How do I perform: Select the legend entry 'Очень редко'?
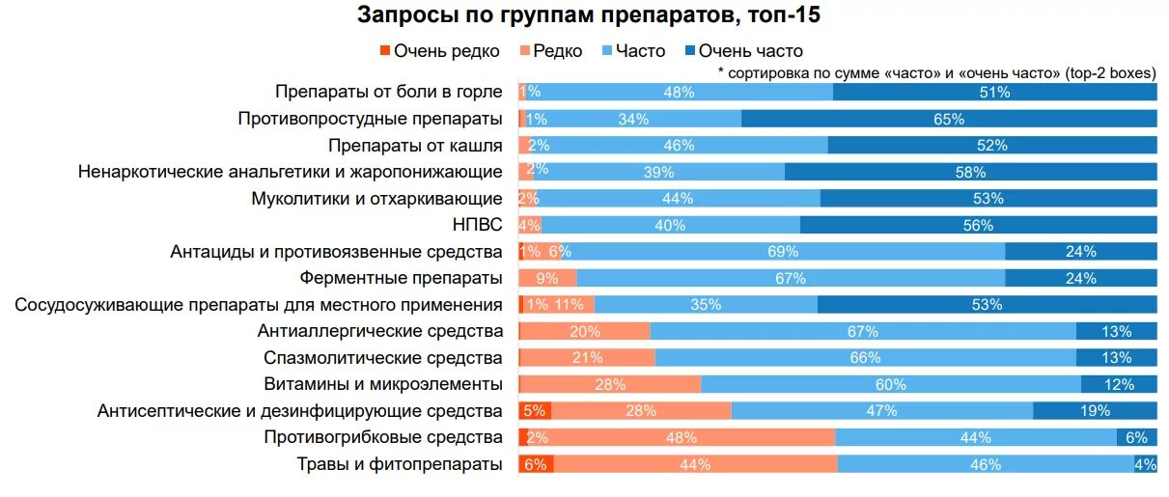[438, 51]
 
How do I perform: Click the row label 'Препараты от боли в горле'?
[388, 92]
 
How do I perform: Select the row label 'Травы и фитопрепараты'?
[400, 464]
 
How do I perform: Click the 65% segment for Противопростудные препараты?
[949, 119]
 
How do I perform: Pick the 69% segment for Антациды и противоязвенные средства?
[783, 252]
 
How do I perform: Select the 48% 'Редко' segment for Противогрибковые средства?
[682, 437]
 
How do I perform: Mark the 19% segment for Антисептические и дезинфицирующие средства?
[1095, 411]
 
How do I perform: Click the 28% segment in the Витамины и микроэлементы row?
[610, 384]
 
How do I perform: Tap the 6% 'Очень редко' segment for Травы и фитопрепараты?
[536, 464]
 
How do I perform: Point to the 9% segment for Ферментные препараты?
[547, 278]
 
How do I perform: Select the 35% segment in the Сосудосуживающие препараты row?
[706, 305]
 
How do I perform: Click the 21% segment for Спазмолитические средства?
[587, 358]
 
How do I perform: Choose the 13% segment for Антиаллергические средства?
[1116, 331]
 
